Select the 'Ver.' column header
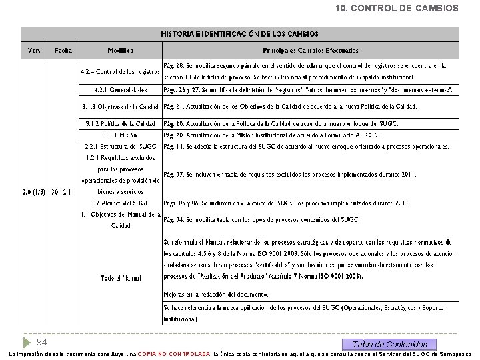click(34, 50)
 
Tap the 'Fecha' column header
click(63, 50)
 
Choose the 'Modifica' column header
click(121, 50)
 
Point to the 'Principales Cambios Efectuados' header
click(310, 50)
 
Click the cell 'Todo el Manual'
click(121, 277)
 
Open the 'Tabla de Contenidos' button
click(390, 344)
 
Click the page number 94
click(41, 342)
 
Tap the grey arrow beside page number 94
click(27, 342)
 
